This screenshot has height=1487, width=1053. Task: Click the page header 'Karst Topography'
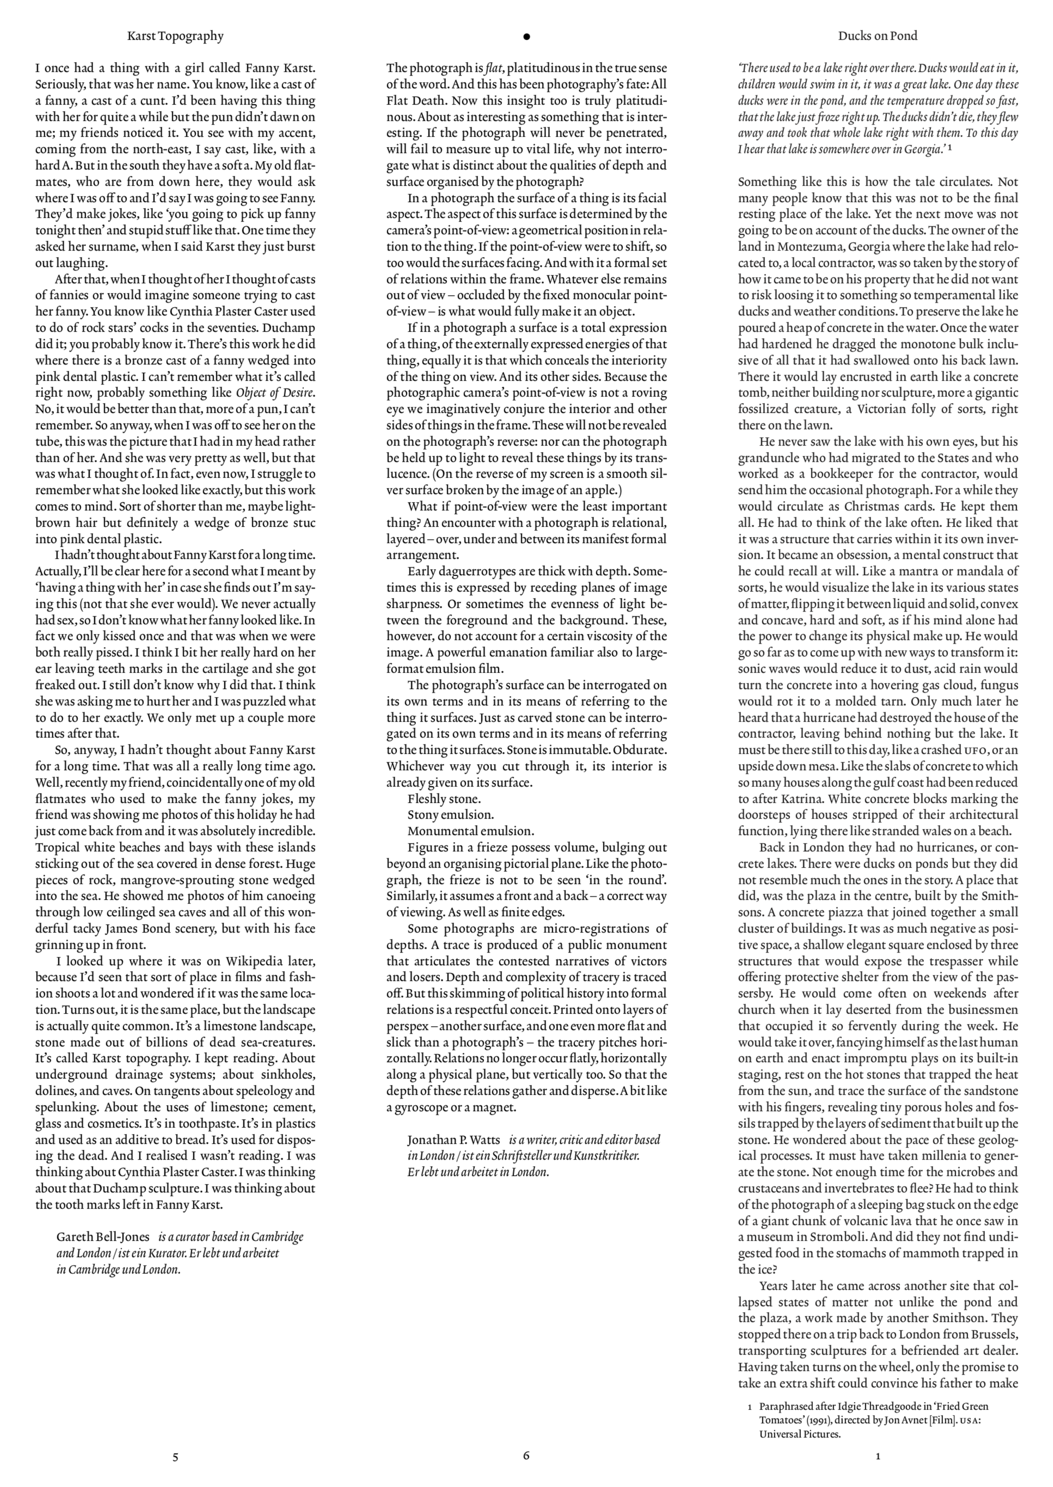click(x=175, y=36)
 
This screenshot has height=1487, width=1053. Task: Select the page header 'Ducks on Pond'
click(x=877, y=36)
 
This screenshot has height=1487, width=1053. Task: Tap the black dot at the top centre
click(x=526, y=37)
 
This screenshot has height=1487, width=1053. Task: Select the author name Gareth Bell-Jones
click(x=103, y=1236)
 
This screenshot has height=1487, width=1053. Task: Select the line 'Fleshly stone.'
click(x=444, y=799)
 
